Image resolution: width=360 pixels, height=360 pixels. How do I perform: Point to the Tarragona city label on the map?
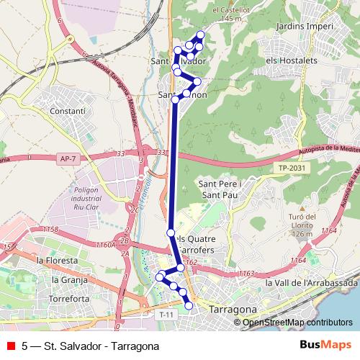232,310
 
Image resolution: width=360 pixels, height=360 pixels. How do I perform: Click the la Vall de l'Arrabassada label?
311,283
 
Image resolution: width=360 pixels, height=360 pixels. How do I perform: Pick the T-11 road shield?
166,315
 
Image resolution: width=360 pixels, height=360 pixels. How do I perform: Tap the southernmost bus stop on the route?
189,306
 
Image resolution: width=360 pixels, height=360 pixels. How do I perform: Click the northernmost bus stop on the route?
201,35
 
